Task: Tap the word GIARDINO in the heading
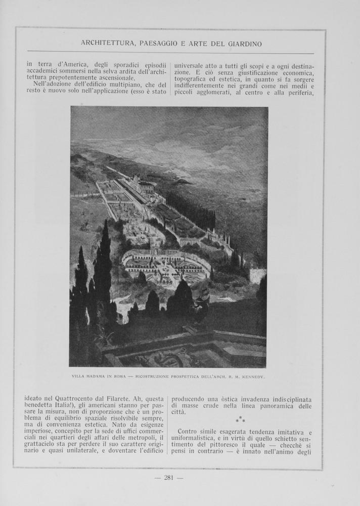(x=241, y=44)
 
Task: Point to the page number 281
(x=169, y=477)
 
